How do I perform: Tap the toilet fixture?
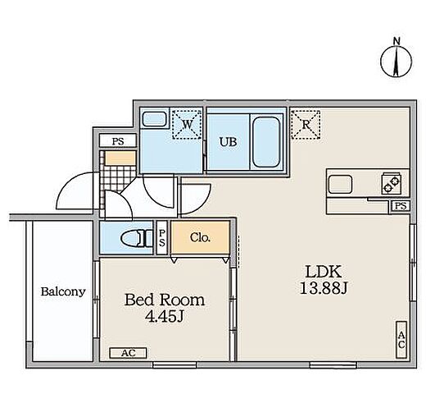pos(137,238)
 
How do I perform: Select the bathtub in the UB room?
pos(266,142)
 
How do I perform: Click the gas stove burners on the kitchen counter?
pos(391,183)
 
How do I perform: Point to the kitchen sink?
pos(341,185)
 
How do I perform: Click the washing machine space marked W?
pos(187,124)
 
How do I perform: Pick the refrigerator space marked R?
pos(306,125)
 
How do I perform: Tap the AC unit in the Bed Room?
pos(128,353)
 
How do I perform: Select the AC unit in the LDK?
pos(401,340)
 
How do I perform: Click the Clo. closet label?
pos(200,237)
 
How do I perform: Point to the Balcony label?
pos(63,291)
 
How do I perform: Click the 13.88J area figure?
pos(324,288)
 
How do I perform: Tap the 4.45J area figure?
pos(165,316)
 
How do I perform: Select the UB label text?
pos(228,142)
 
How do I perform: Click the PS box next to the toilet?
pos(162,238)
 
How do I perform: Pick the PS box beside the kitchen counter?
pos(401,206)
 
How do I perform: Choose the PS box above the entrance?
pos(118,141)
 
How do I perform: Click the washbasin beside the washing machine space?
pos(154,119)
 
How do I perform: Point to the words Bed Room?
pos(165,300)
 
